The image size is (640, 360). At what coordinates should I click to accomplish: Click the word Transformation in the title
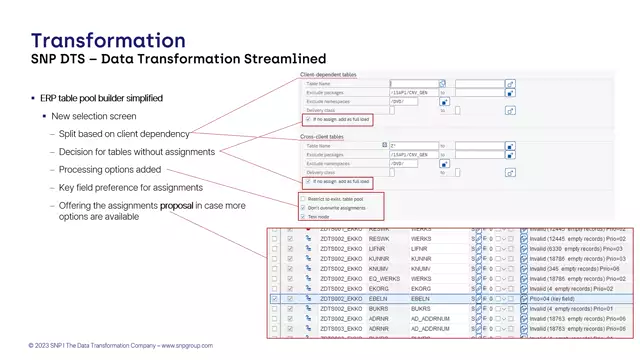(108, 40)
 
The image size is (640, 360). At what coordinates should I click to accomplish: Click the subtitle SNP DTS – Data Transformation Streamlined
(164, 60)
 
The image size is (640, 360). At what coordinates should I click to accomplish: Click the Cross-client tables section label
(324, 137)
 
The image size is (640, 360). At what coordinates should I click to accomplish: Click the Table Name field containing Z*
(414, 146)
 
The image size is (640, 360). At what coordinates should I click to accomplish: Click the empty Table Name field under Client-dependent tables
(414, 84)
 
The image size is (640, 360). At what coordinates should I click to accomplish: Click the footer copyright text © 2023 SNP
(120, 346)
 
